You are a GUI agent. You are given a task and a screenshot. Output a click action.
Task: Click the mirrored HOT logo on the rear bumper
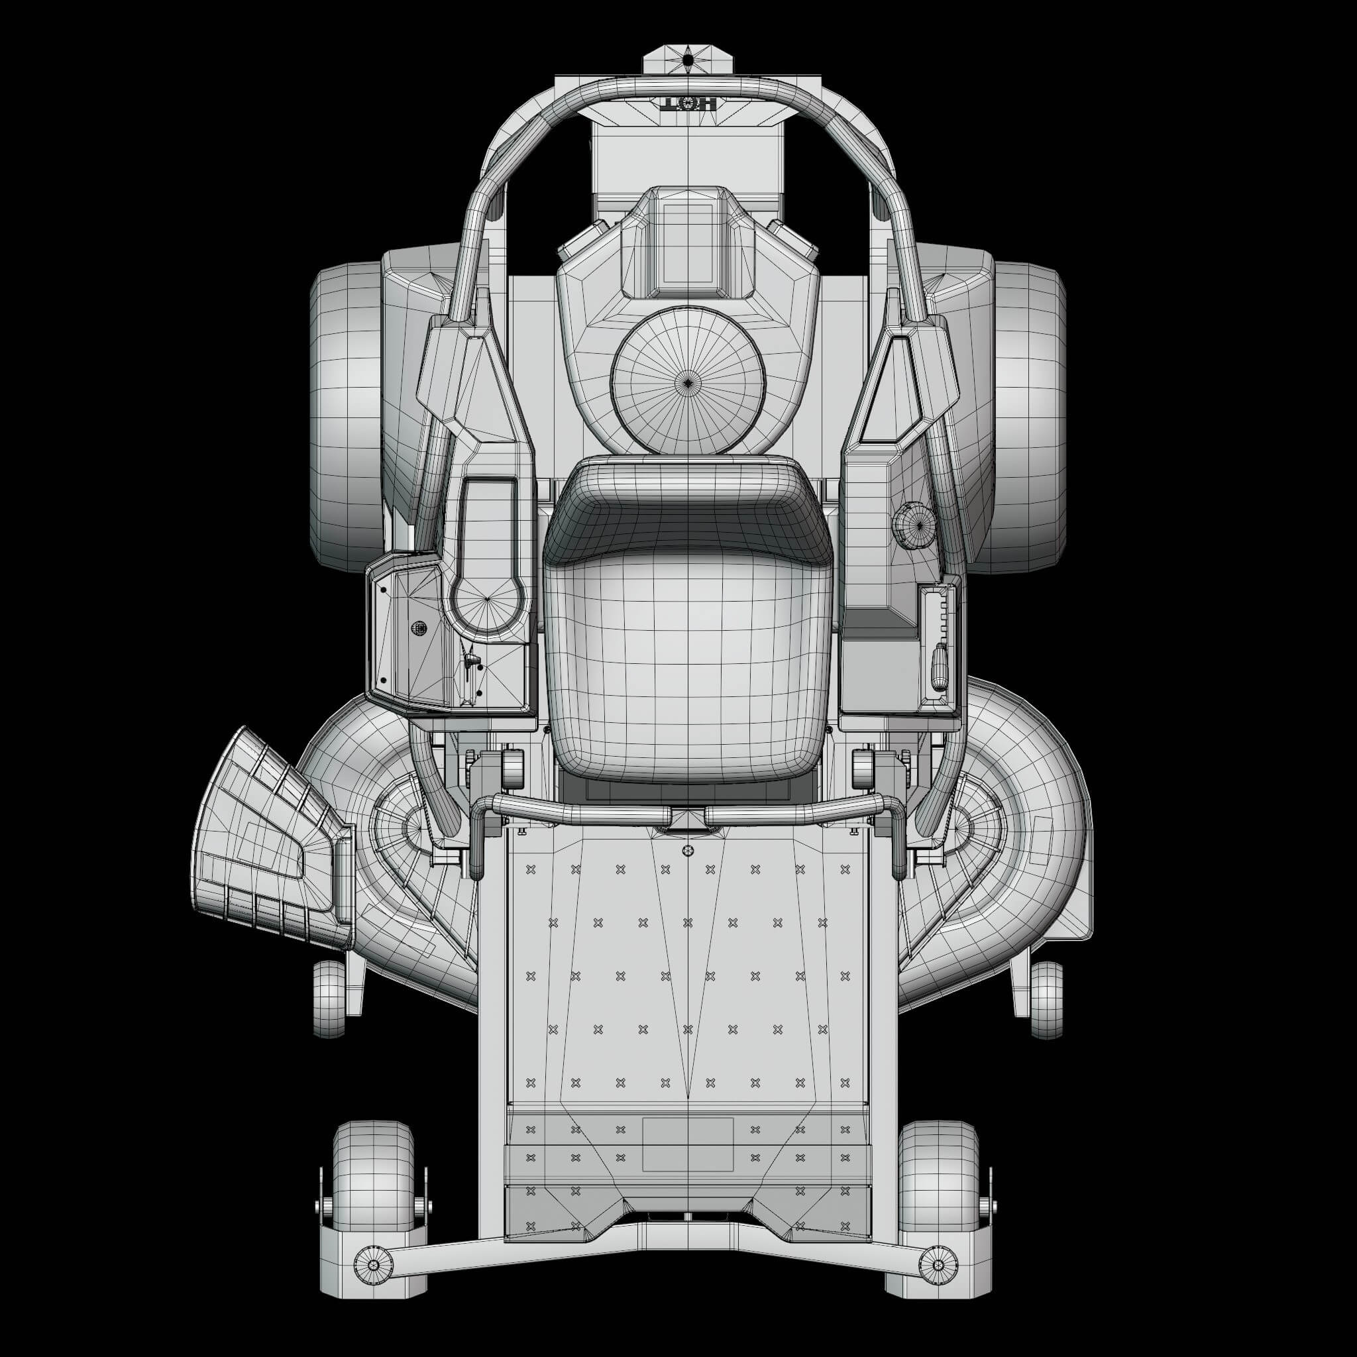pyautogui.click(x=688, y=105)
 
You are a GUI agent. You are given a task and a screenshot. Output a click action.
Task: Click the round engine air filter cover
pyautogui.click(x=688, y=382)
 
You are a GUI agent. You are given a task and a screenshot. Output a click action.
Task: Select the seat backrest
pyautogui.click(x=688, y=510)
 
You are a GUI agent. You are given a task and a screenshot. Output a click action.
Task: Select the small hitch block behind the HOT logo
pyautogui.click(x=688, y=60)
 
